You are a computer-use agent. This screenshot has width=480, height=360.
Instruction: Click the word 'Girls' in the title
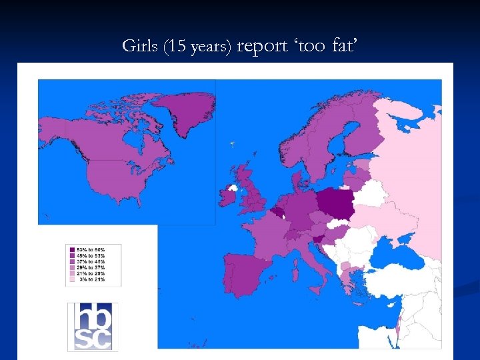137,46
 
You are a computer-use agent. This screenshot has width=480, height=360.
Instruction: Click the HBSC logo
93,326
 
